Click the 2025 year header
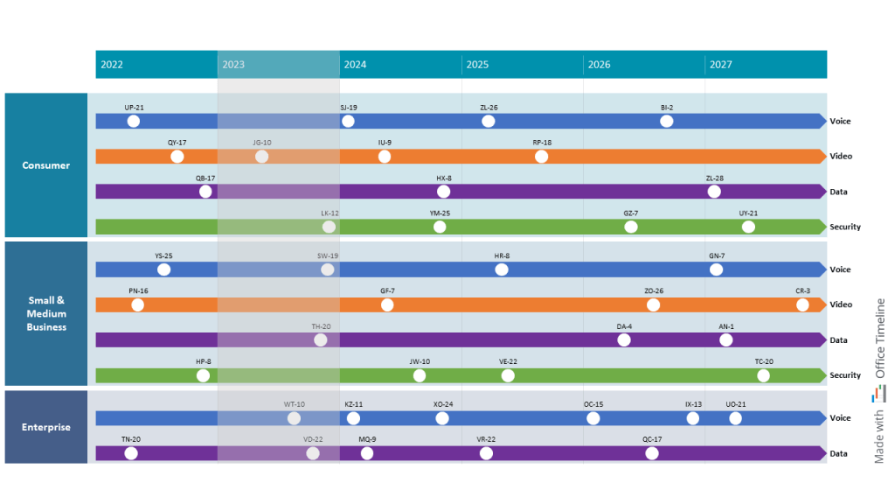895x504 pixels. coord(477,65)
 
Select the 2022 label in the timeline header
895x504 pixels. coord(112,65)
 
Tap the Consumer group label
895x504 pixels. coord(46,165)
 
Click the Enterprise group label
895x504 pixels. coord(46,427)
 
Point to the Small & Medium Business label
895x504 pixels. coord(46,313)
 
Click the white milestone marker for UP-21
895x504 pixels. coord(134,122)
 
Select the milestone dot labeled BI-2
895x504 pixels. coord(667,122)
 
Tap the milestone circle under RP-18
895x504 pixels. coord(541,157)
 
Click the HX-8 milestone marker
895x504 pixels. coord(444,192)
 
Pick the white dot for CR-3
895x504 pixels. coord(802,305)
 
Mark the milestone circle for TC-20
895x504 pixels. coord(764,375)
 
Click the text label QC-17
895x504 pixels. coord(652,439)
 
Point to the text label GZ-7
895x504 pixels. coord(631,213)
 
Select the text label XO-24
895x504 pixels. coord(443,404)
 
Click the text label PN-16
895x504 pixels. coord(138,290)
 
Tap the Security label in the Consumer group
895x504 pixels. coord(844,227)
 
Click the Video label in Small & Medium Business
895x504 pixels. coord(841,305)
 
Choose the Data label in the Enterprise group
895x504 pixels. coord(838,454)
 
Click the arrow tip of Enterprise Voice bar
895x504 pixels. coord(822,418)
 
